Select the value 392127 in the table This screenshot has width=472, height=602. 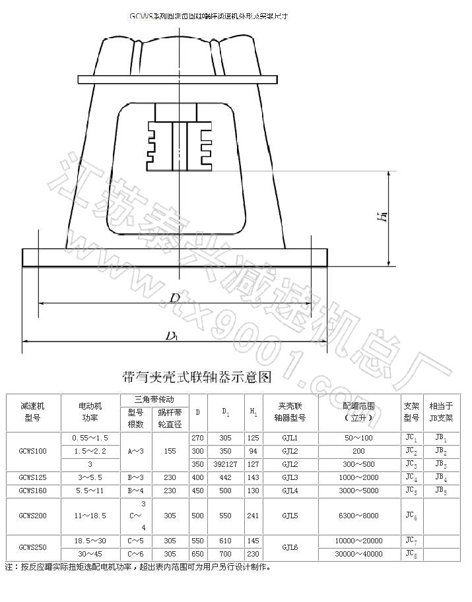click(226, 464)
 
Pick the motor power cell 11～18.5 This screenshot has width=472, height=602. click(89, 516)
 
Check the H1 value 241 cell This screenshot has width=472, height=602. click(253, 516)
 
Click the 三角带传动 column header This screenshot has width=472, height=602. click(154, 400)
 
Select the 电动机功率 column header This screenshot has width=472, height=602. click(89, 412)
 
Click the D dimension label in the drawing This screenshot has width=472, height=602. click(174, 298)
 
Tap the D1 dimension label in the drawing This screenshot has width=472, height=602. click(172, 336)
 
